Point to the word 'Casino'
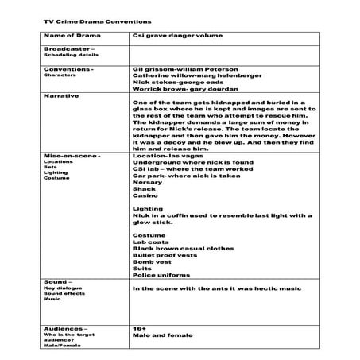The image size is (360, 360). [x=145, y=195]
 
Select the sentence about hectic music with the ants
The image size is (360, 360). [x=219, y=289]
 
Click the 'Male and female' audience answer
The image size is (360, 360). [x=158, y=337]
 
